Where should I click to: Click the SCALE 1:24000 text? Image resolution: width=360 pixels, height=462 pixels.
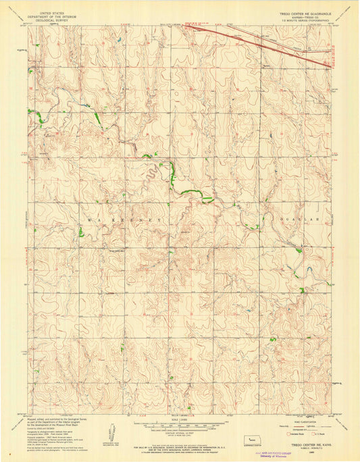(180, 420)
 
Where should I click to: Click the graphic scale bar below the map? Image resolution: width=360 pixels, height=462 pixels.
(180, 427)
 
